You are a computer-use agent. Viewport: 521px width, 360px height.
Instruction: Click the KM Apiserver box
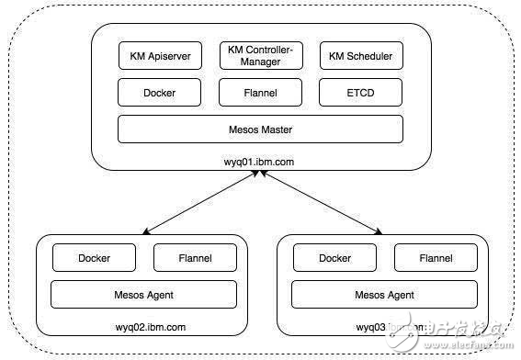[159, 56]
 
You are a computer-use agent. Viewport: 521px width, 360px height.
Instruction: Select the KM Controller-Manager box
[260, 56]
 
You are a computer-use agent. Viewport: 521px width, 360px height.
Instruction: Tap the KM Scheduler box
[361, 56]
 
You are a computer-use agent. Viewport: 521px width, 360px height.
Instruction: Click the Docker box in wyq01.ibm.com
[159, 93]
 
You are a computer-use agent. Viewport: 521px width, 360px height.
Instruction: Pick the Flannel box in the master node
[260, 93]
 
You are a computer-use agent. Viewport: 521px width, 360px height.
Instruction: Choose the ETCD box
[361, 93]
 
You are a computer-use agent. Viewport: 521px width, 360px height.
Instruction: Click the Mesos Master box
[260, 129]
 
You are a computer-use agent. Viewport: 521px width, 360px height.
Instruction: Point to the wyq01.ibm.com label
[260, 162]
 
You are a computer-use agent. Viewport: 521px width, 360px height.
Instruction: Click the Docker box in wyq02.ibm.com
[94, 258]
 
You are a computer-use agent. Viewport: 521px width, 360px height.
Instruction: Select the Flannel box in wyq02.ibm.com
[194, 258]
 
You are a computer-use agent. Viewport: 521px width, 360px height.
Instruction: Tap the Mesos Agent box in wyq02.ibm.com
[143, 294]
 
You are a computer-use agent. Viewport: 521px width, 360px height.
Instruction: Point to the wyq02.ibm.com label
[143, 326]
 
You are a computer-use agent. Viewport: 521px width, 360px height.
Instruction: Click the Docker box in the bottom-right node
[334, 258]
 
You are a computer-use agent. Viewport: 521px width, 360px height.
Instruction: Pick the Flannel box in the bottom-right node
[435, 258]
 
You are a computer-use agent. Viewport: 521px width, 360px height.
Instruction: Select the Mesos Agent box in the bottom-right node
[384, 294]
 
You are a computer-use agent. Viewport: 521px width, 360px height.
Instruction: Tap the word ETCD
[361, 93]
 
